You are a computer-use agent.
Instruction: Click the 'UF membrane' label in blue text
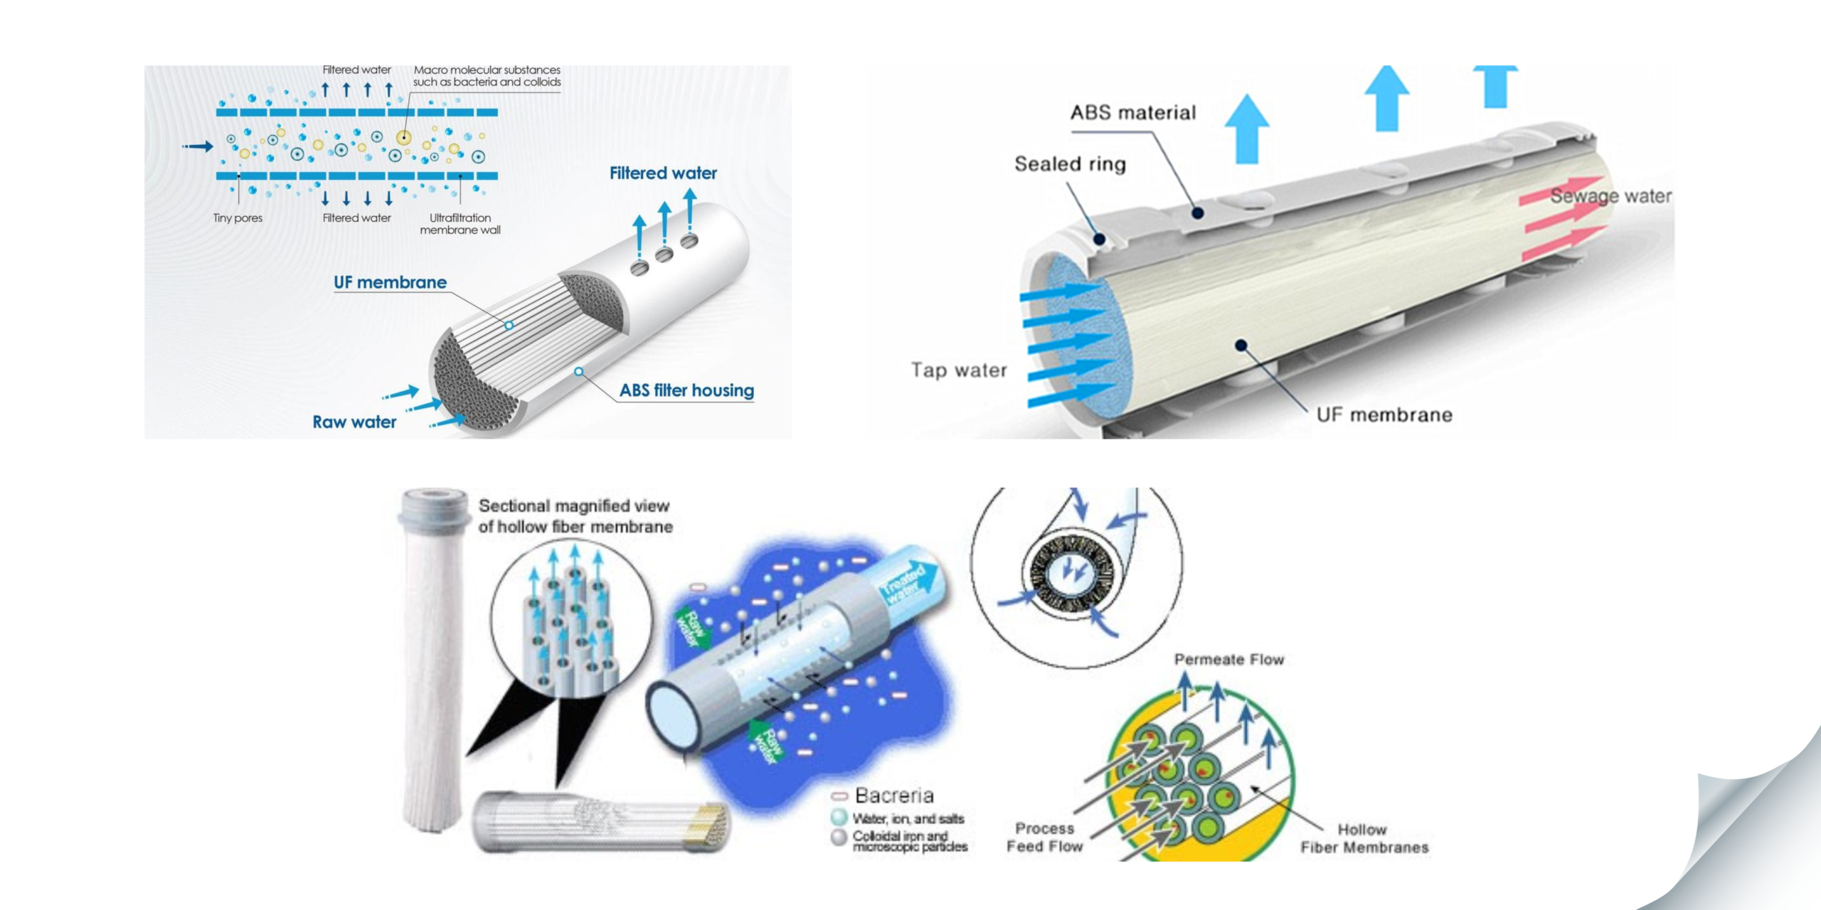pyautogui.click(x=390, y=282)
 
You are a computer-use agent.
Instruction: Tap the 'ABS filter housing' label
pyautogui.click(x=686, y=390)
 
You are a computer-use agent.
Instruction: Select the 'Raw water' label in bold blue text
pyautogui.click(x=354, y=422)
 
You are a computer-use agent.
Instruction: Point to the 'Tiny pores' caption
pyautogui.click(x=238, y=218)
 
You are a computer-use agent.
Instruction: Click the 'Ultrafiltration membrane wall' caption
pyautogui.click(x=460, y=224)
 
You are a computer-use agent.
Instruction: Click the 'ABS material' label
pyautogui.click(x=1133, y=112)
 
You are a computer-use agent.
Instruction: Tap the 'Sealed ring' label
pyautogui.click(x=1070, y=164)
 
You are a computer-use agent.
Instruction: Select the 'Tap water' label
pyautogui.click(x=959, y=370)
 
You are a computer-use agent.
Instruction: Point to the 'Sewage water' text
pyautogui.click(x=1610, y=196)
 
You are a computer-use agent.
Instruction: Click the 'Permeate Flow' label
pyautogui.click(x=1229, y=660)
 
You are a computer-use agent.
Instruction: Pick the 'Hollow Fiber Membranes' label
pyautogui.click(x=1364, y=839)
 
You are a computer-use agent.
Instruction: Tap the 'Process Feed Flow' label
pyautogui.click(x=1044, y=837)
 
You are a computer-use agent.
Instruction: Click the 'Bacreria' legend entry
pyautogui.click(x=893, y=796)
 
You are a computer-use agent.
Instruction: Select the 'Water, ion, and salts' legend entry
pyautogui.click(x=908, y=819)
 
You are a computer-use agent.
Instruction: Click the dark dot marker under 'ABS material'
pyautogui.click(x=1198, y=213)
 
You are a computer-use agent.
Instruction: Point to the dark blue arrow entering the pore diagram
pyautogui.click(x=198, y=146)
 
